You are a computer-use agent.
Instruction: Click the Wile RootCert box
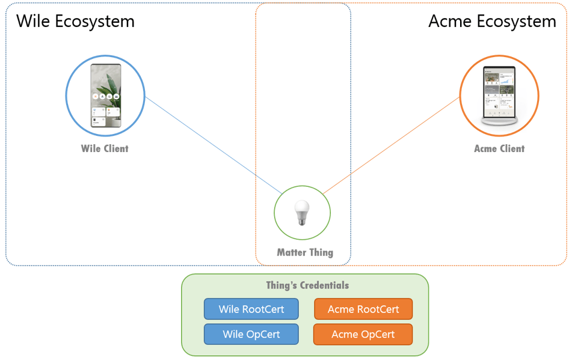click(251, 309)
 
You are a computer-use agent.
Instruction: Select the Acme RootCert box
click(363, 309)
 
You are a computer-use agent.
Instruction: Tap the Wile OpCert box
click(251, 334)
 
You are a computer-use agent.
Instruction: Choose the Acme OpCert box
click(363, 334)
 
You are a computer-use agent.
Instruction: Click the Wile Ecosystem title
click(75, 22)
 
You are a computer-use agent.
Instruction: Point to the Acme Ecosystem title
click(492, 22)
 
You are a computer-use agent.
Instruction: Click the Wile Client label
click(105, 148)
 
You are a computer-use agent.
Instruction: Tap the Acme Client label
click(499, 148)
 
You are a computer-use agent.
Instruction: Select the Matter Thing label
click(305, 252)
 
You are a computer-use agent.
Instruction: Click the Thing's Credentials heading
click(307, 285)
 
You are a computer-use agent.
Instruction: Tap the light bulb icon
click(302, 213)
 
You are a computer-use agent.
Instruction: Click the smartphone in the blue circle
click(105, 96)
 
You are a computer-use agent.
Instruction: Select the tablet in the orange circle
click(499, 91)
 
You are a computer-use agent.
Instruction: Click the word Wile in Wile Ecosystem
click(33, 22)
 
